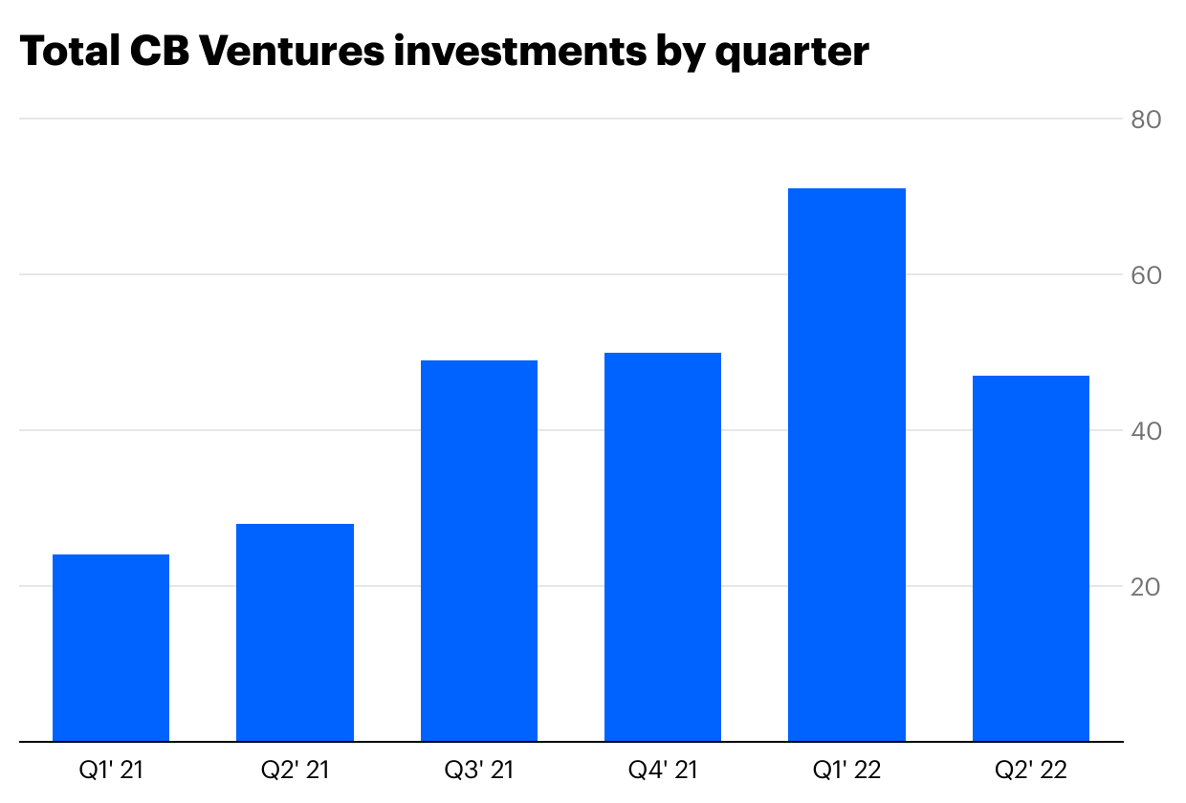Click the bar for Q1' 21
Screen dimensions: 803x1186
tap(111, 648)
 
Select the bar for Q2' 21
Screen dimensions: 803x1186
tap(295, 633)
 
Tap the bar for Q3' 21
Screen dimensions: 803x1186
tap(479, 551)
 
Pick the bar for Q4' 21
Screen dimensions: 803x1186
tap(663, 547)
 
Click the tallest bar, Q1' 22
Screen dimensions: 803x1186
tap(846, 465)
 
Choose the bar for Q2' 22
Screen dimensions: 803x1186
tap(1031, 558)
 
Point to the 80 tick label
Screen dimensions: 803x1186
tap(1145, 119)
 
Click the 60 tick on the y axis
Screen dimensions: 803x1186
tap(1145, 275)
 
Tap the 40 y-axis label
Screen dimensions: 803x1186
tap(1145, 431)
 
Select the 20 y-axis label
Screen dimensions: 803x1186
tap(1145, 586)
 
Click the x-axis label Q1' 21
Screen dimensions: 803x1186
tap(111, 770)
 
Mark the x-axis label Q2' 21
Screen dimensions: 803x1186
tap(295, 770)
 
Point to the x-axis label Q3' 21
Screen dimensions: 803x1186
tap(479, 770)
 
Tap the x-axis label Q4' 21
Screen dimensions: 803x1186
tap(663, 770)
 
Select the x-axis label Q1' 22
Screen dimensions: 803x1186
tap(846, 770)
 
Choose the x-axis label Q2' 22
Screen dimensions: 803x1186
tap(1031, 770)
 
